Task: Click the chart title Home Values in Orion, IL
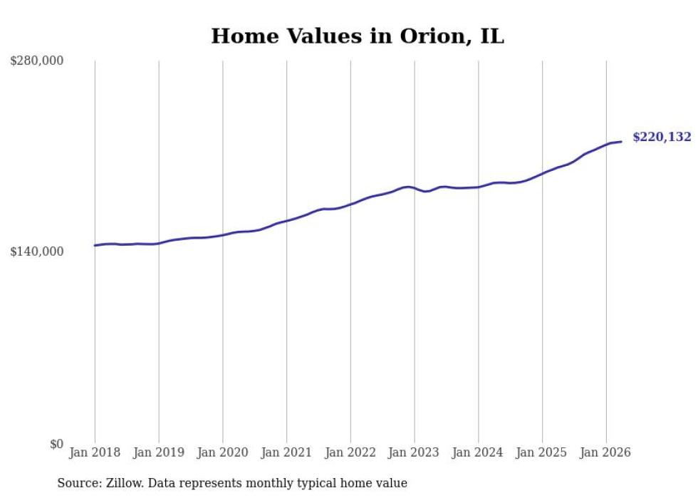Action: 358,36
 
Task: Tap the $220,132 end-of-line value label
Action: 662,137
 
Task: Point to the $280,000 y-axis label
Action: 36,60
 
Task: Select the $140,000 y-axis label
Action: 36,251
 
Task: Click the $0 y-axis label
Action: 56,444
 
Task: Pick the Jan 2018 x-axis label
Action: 95,452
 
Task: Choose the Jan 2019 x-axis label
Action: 158,452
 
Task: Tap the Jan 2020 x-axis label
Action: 222,452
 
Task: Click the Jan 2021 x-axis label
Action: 286,452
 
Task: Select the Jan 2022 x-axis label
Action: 350,452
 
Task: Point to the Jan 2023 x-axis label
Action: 414,452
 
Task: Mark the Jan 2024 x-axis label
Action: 478,452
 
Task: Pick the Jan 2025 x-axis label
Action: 542,452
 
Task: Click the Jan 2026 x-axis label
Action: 605,452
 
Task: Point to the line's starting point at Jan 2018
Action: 95,245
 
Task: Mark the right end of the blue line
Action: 621,142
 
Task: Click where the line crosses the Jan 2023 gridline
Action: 415,188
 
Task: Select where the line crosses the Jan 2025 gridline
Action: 542,173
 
